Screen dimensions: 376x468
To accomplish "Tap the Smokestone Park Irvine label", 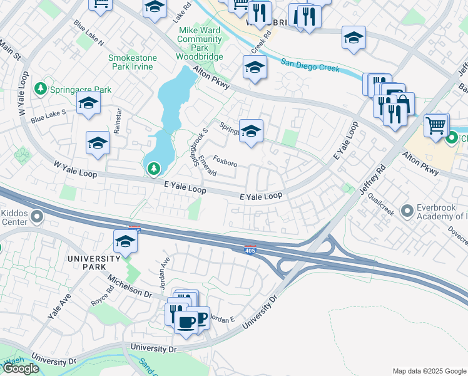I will [132, 63].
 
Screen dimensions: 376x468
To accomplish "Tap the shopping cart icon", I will [436, 124].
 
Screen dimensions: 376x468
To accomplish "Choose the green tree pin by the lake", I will [153, 168].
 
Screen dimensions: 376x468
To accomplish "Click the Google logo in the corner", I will [21, 368].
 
